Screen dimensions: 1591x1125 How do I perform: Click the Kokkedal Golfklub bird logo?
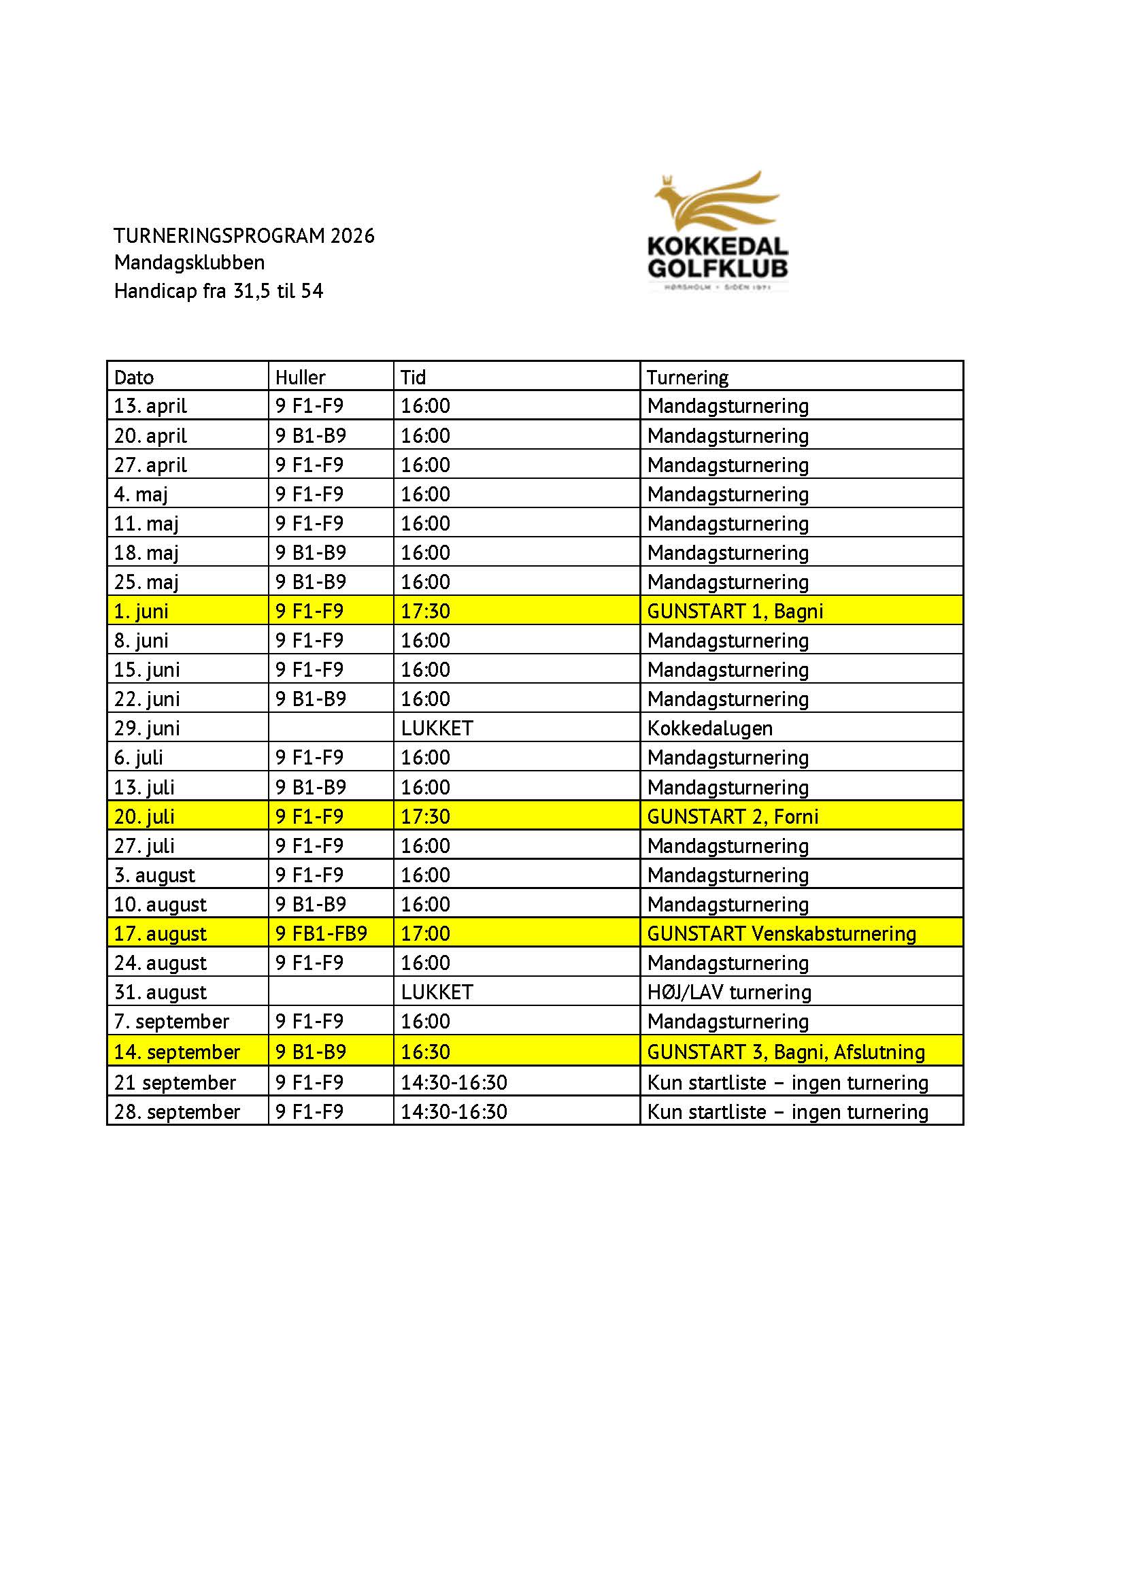(x=718, y=231)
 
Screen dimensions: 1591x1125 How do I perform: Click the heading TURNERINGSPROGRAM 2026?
(x=244, y=236)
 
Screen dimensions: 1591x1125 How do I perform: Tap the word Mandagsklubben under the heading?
(x=189, y=263)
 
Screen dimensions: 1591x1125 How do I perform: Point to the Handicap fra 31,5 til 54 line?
(x=218, y=291)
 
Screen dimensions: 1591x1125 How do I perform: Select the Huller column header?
(x=300, y=378)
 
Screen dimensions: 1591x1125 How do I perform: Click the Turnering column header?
(x=687, y=378)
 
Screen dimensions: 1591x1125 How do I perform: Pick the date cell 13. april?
(x=150, y=406)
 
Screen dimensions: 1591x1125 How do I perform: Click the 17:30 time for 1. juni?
(x=425, y=612)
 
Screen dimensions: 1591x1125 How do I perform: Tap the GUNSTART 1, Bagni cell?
(x=735, y=612)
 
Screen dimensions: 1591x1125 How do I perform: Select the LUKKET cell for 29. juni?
(x=437, y=728)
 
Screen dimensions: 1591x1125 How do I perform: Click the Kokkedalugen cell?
(x=709, y=728)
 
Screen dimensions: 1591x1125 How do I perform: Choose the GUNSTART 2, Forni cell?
(x=733, y=817)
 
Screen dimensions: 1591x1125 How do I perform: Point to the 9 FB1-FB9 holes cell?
(x=322, y=934)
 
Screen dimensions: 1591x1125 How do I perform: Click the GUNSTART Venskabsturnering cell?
(x=782, y=934)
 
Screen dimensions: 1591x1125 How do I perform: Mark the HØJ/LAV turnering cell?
(x=728, y=992)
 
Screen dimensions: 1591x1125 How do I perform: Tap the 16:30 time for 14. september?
(x=425, y=1052)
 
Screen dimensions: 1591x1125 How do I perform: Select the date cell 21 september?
(x=175, y=1083)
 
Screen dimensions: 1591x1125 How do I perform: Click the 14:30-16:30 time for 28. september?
(x=454, y=1112)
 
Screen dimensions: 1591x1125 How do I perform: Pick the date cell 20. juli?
(x=144, y=817)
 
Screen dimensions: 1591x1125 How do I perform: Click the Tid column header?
(x=413, y=378)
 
